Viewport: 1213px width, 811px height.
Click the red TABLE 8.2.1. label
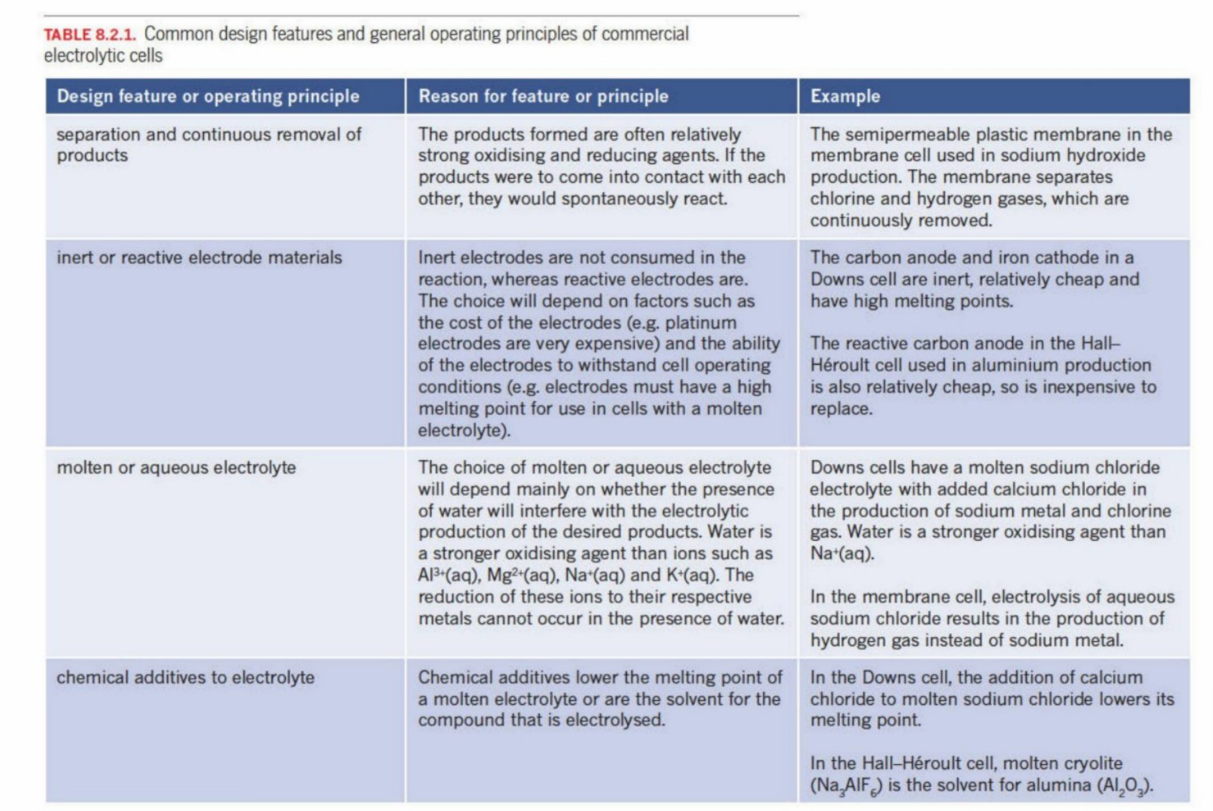(x=89, y=35)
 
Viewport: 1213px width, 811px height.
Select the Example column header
(x=845, y=96)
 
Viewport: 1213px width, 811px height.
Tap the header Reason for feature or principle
(x=543, y=96)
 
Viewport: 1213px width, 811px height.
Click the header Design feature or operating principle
(x=207, y=96)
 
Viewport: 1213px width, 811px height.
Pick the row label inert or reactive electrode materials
(x=199, y=257)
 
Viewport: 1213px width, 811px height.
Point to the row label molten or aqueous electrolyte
(x=176, y=467)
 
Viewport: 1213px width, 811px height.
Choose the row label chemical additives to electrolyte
(x=185, y=677)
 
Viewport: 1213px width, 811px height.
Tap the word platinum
(x=700, y=322)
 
